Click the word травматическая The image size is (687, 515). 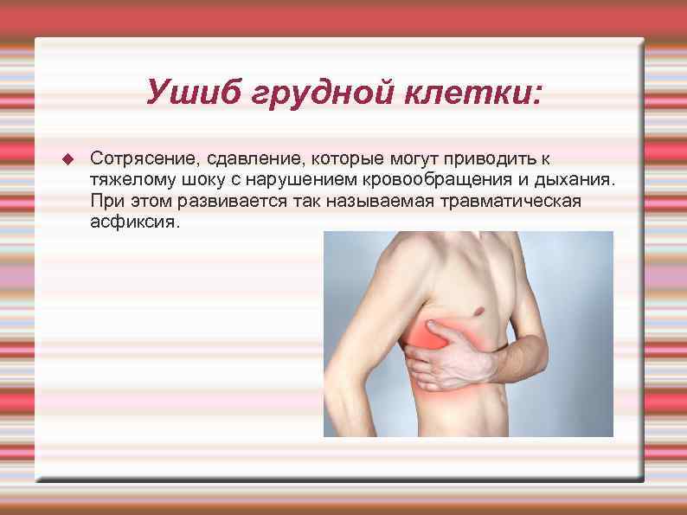tap(511, 203)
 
